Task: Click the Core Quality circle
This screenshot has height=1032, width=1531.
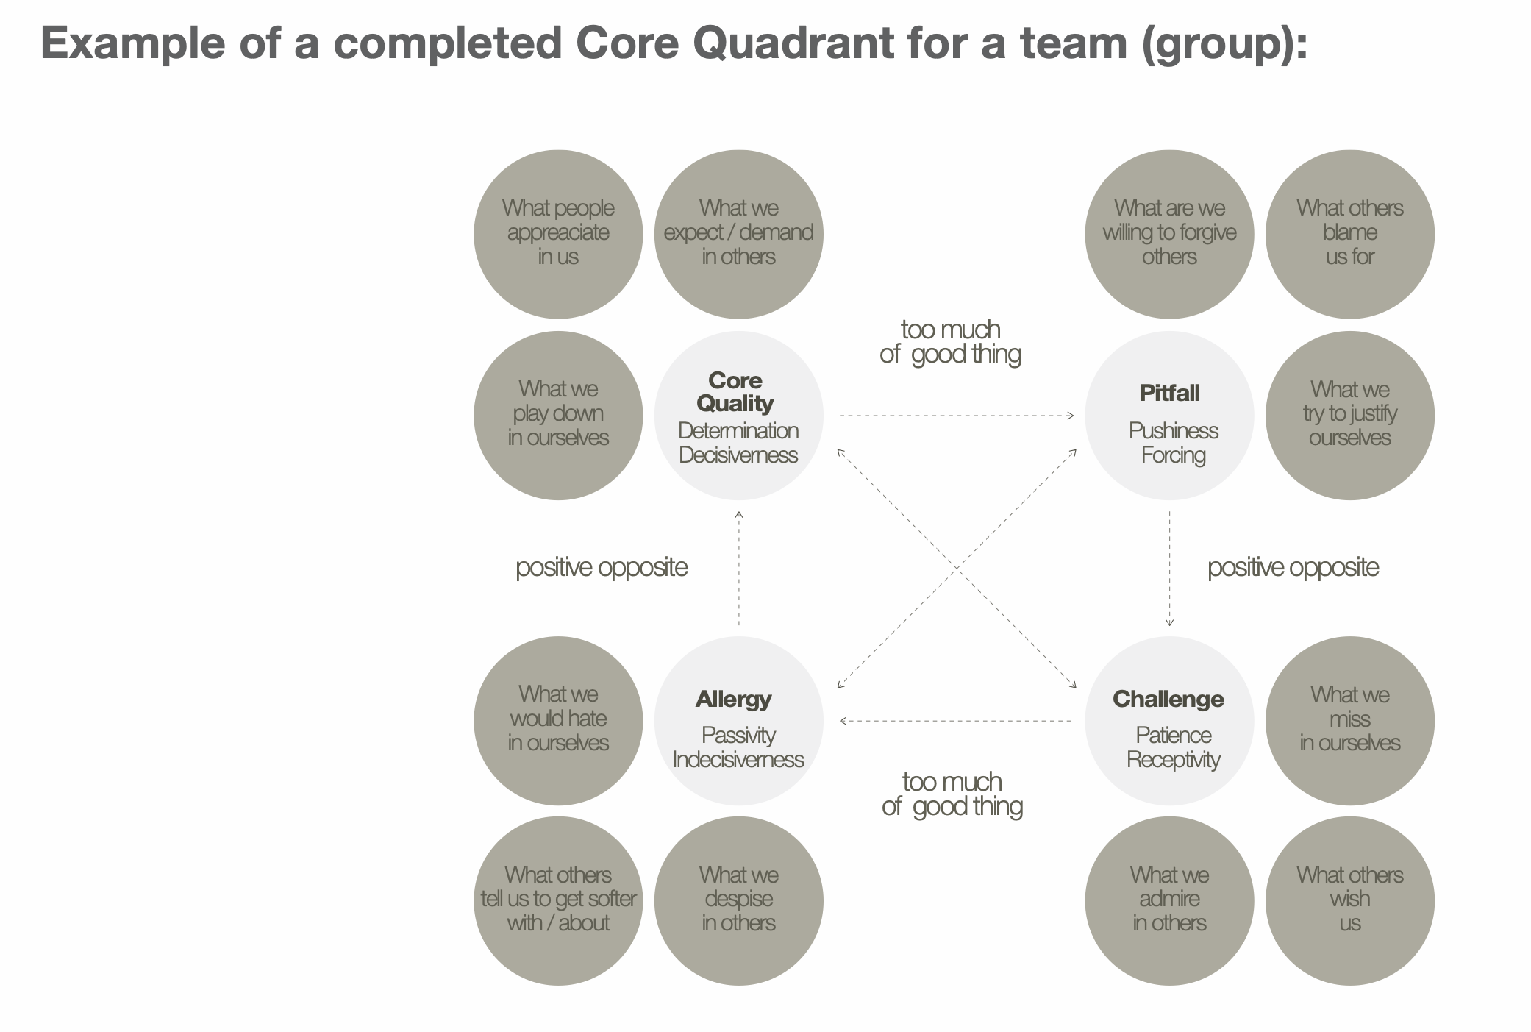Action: coord(738,416)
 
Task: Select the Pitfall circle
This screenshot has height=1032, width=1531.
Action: coord(1169,416)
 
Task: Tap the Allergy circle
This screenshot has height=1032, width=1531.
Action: coord(738,721)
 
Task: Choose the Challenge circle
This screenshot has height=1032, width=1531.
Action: coord(1169,721)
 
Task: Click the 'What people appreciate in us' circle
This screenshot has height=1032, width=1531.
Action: coord(558,234)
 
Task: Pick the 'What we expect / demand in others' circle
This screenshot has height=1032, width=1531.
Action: coord(738,234)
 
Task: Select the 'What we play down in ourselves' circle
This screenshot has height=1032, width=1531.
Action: coord(558,416)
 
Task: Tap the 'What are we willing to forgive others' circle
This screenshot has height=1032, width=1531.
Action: coord(1169,234)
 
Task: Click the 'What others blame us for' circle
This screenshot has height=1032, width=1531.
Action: coord(1349,234)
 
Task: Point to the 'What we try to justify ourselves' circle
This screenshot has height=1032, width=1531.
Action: coord(1349,416)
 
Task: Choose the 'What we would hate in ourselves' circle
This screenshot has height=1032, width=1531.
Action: coord(558,721)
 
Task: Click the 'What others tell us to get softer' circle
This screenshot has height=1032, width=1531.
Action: coord(558,900)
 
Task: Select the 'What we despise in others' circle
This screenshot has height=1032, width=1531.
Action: coord(738,900)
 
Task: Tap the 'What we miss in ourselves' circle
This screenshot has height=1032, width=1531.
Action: coord(1349,721)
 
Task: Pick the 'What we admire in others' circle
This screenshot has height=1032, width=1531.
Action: coord(1169,900)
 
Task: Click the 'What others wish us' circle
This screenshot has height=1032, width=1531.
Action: coord(1349,900)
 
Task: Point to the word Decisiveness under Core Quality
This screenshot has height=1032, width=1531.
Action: coord(738,455)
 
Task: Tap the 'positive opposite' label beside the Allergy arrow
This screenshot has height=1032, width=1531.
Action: coord(602,567)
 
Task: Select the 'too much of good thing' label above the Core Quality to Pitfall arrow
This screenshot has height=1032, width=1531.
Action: coord(950,342)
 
